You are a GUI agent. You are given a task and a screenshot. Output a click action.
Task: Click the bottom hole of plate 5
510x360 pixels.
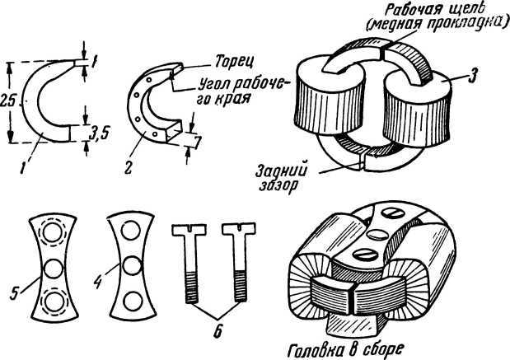(x=54, y=301)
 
